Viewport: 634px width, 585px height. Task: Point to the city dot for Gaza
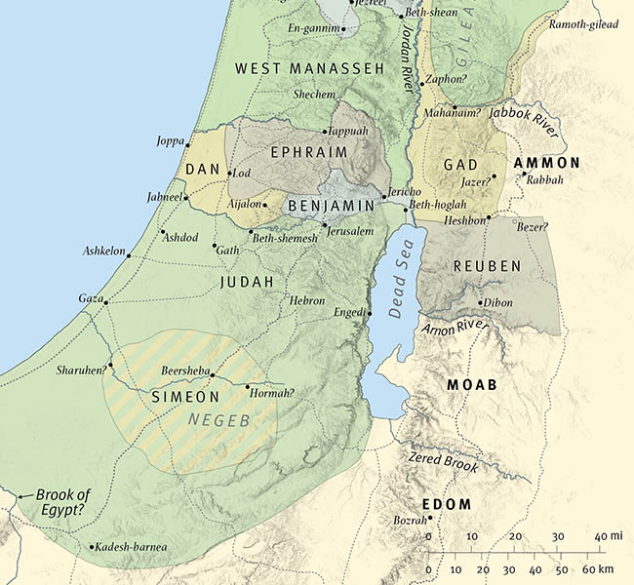105,302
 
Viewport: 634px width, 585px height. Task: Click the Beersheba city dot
214,376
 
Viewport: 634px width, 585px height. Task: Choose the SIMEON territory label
184,397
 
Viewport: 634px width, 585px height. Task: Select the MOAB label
472,385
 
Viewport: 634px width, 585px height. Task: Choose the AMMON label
546,163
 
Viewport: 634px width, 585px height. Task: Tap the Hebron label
307,301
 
